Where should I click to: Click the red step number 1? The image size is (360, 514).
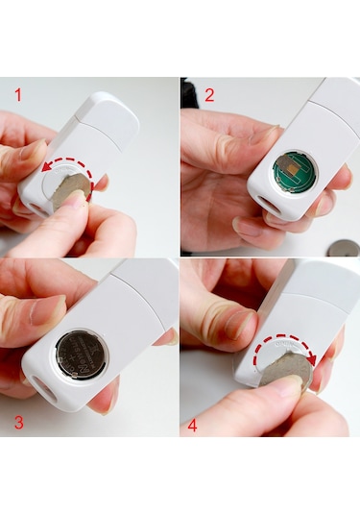[18, 95]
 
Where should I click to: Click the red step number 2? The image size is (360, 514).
[209, 95]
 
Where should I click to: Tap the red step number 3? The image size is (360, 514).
[19, 422]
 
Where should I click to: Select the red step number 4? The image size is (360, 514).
[192, 426]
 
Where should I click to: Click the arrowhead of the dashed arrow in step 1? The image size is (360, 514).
[47, 167]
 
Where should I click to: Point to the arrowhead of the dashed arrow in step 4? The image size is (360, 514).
[312, 360]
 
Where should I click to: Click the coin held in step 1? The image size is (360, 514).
[71, 192]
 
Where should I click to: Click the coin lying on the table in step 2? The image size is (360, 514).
[343, 248]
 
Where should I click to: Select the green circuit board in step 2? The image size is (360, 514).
[295, 174]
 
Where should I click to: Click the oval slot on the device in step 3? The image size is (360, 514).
[44, 390]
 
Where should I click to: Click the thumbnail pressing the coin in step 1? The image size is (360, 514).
[76, 199]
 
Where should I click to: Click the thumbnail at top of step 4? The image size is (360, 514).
[238, 325]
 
